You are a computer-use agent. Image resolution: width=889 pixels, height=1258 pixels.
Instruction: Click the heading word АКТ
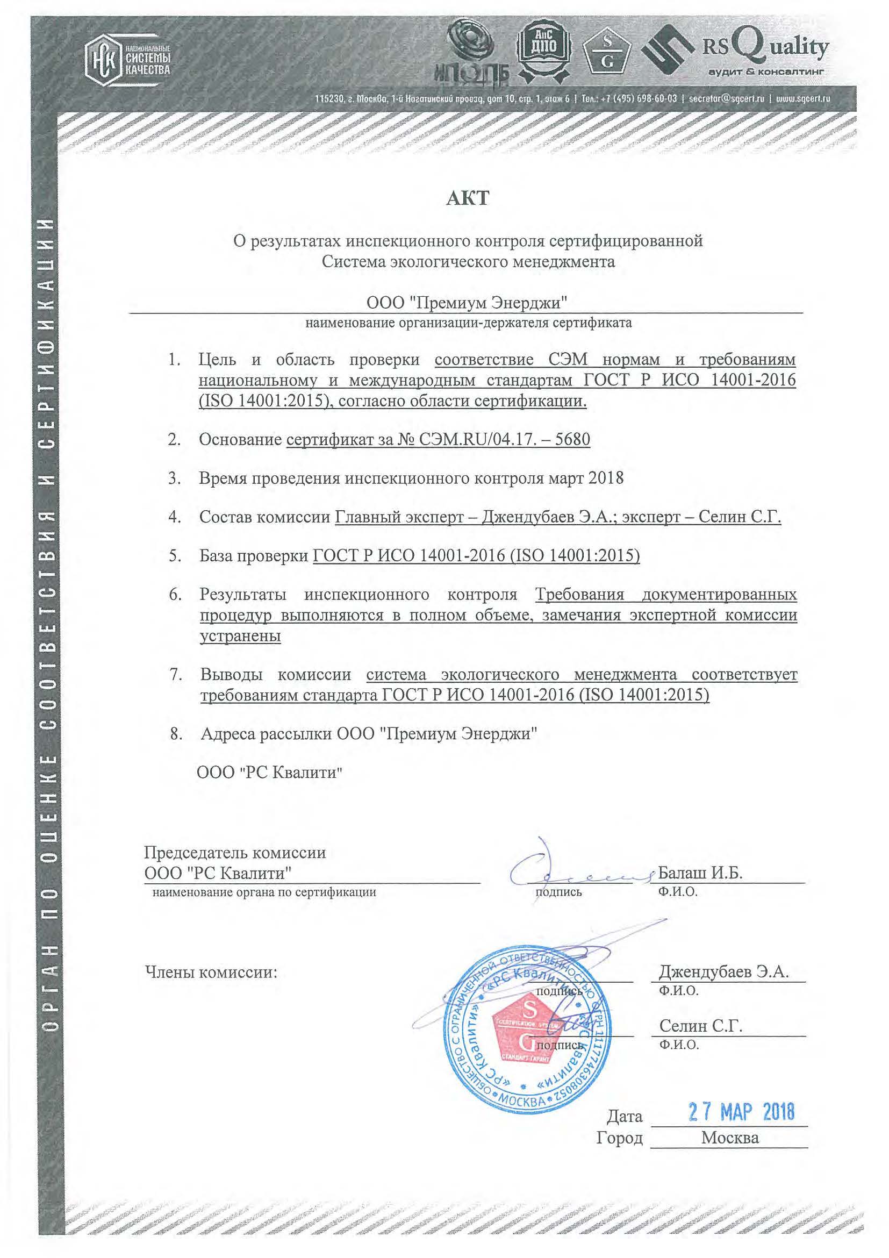[467, 198]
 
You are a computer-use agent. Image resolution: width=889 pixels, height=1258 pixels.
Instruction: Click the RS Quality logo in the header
[735, 54]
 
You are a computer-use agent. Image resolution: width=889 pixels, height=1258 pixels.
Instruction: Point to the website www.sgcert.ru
[804, 99]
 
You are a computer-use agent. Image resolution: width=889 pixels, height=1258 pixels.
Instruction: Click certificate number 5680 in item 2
[572, 439]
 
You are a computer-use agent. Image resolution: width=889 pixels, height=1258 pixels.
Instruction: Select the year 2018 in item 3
[605, 478]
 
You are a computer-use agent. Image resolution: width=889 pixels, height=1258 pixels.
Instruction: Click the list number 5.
[175, 556]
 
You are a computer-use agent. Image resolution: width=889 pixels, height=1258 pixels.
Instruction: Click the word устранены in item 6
[240, 636]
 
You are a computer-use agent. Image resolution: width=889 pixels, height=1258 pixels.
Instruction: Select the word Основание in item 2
[240, 439]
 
